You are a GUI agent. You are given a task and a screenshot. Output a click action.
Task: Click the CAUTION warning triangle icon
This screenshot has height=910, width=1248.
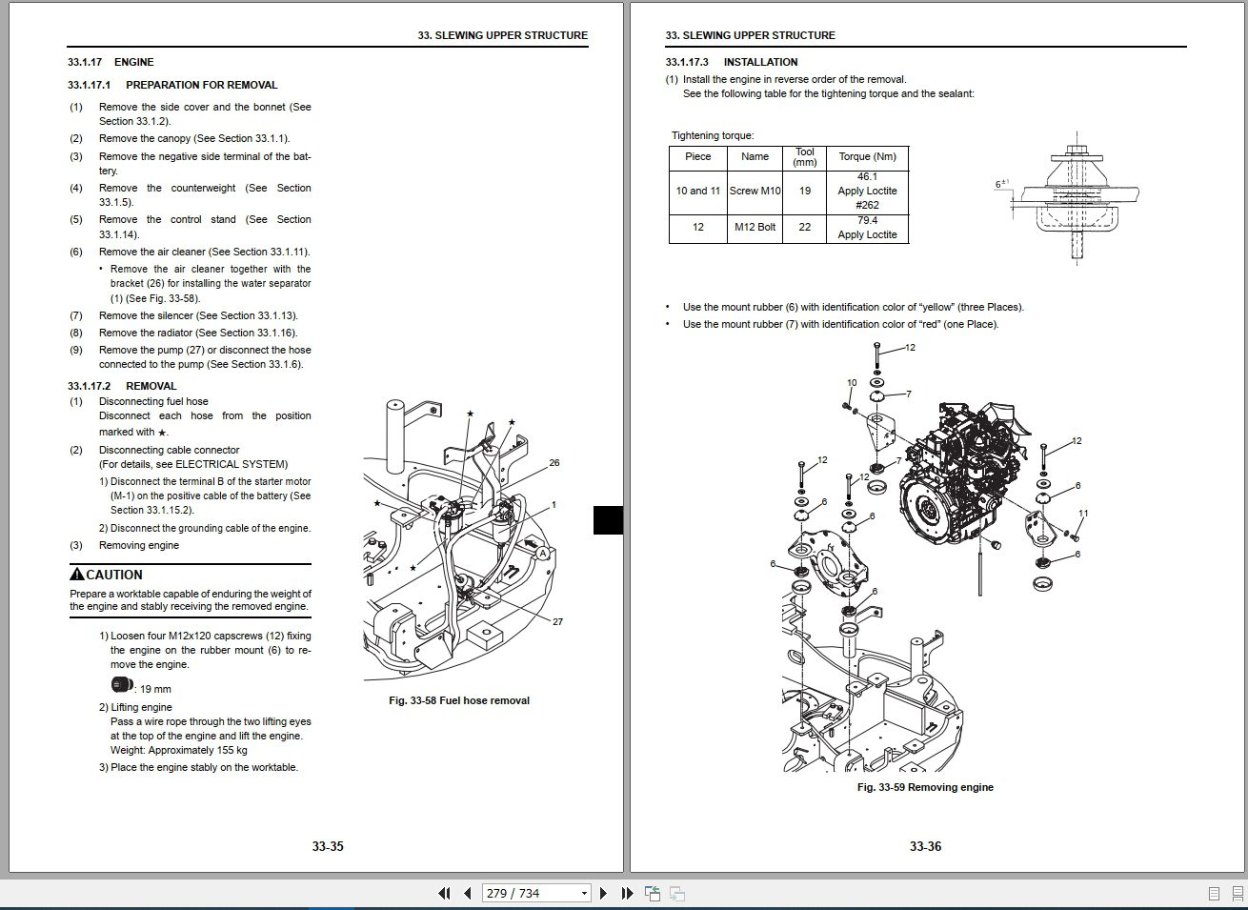pos(77,574)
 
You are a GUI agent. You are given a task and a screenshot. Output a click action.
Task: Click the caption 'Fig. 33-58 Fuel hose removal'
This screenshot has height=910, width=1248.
pos(459,700)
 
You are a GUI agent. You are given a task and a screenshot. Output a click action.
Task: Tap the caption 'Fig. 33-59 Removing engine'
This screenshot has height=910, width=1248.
pos(924,787)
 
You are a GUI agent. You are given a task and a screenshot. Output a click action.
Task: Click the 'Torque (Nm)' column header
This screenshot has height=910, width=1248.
pos(867,157)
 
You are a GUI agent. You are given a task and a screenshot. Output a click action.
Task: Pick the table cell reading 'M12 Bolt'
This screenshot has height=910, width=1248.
pos(755,228)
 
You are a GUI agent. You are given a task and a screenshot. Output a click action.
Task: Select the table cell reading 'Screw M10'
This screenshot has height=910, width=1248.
pos(755,191)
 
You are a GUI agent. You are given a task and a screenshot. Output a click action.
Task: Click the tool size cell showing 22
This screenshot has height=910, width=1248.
pos(805,228)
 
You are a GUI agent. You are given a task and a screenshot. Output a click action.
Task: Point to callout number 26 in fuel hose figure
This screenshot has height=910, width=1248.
pos(554,463)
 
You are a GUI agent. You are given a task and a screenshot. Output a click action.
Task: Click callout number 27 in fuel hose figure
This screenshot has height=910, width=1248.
pos(557,621)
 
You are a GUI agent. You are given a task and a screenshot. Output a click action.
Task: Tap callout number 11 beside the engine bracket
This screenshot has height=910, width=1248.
pos(1083,514)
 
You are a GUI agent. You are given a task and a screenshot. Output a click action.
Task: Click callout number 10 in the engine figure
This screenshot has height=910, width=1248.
pos(852,383)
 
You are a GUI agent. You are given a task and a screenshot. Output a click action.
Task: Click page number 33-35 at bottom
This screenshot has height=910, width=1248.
pos(327,846)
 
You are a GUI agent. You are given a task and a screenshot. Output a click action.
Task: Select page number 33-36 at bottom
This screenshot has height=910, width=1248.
pos(924,846)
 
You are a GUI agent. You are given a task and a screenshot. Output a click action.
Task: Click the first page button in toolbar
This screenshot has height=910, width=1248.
pos(444,893)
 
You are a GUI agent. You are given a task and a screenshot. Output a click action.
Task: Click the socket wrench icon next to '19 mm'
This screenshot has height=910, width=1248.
pos(120,683)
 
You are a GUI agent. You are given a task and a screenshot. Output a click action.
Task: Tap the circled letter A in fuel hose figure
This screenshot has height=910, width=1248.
pos(542,554)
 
